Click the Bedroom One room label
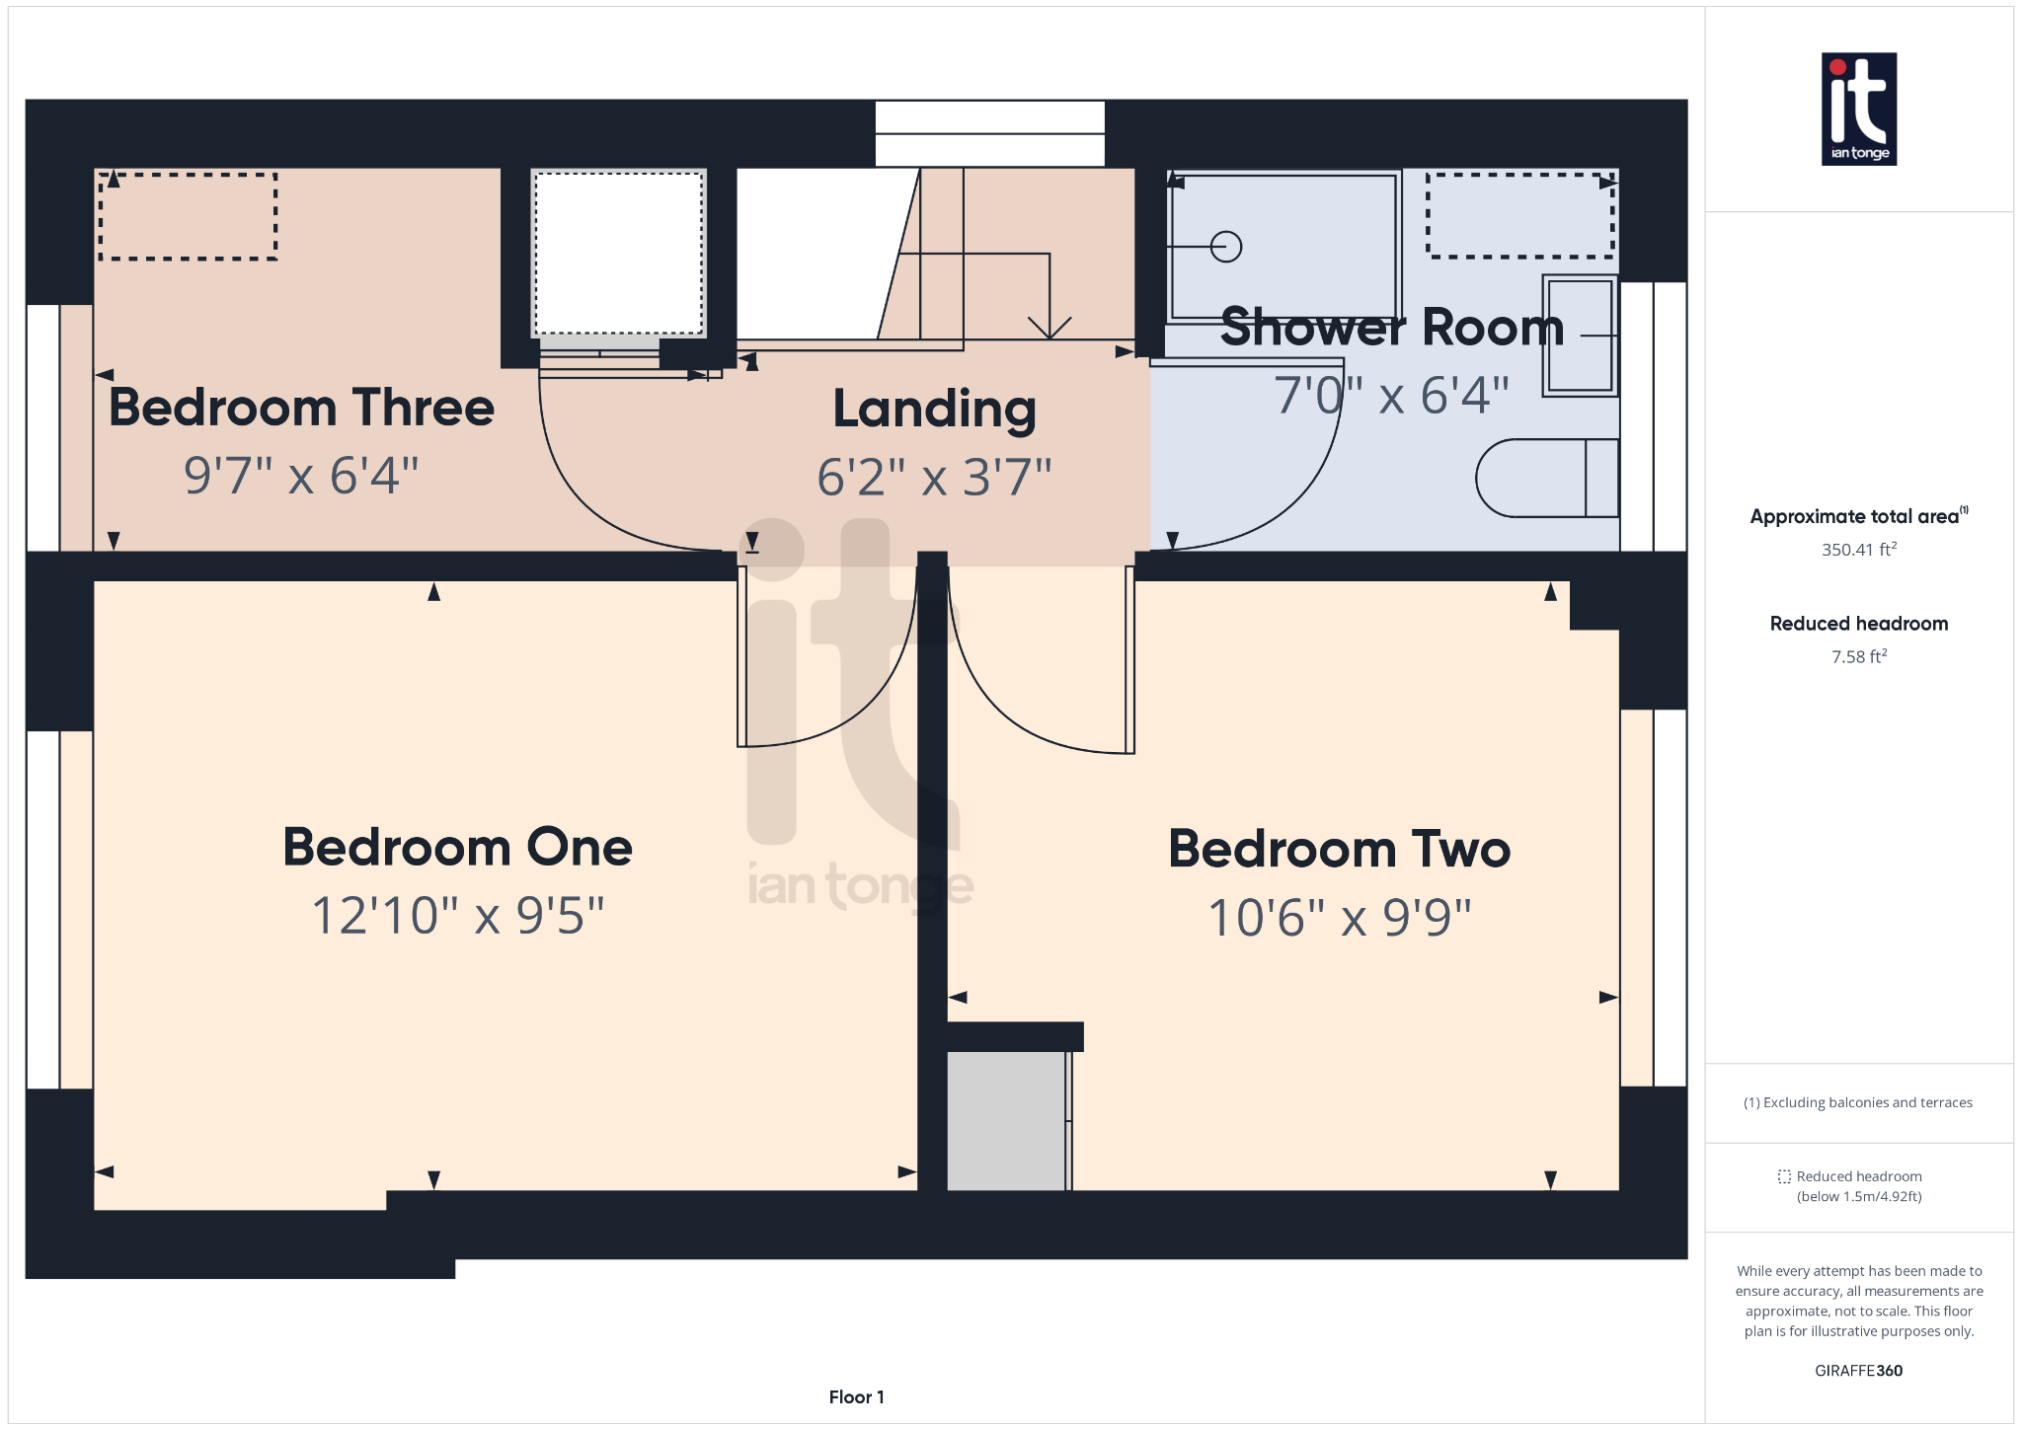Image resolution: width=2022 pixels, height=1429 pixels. [457, 848]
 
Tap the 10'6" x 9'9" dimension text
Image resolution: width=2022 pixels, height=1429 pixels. [1339, 918]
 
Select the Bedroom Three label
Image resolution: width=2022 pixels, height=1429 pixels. [301, 408]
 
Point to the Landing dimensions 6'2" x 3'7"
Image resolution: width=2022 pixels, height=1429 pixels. [934, 478]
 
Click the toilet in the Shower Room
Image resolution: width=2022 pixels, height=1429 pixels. [1545, 479]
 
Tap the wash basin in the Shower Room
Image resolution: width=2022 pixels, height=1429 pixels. [1580, 336]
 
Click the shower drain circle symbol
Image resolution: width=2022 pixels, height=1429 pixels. [1225, 246]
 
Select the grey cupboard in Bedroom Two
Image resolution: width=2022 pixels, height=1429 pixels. [1006, 1120]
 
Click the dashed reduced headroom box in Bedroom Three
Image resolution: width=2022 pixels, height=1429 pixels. [188, 217]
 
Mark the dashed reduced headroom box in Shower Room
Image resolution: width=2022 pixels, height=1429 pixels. [1519, 215]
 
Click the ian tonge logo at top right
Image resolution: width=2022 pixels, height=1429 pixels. [1858, 109]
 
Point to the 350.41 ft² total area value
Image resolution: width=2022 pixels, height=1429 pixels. [1858, 550]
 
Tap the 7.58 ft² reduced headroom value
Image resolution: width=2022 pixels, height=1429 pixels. [1858, 657]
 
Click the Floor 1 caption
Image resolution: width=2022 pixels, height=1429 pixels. [856, 1396]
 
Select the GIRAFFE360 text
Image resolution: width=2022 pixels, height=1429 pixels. [1858, 1371]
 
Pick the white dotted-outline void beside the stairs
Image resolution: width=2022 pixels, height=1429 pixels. [618, 254]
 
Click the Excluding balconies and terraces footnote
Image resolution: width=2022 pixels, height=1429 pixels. [1858, 1102]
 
